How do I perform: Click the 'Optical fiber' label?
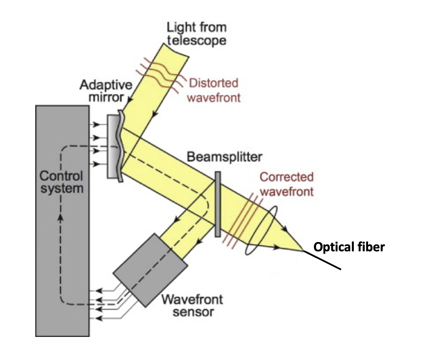[349, 247]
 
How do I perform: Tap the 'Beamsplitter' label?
[224, 157]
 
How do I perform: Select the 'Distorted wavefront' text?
[214, 90]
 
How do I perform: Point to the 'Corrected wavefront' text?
[286, 184]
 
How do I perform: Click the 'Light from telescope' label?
[196, 34]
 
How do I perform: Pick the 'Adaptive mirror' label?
[106, 91]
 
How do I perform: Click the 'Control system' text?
[61, 182]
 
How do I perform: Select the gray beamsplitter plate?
[218, 204]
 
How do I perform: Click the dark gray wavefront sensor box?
[150, 270]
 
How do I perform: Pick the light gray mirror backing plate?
[112, 146]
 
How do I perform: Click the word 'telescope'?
[196, 40]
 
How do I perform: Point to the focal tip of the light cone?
[303, 251]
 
